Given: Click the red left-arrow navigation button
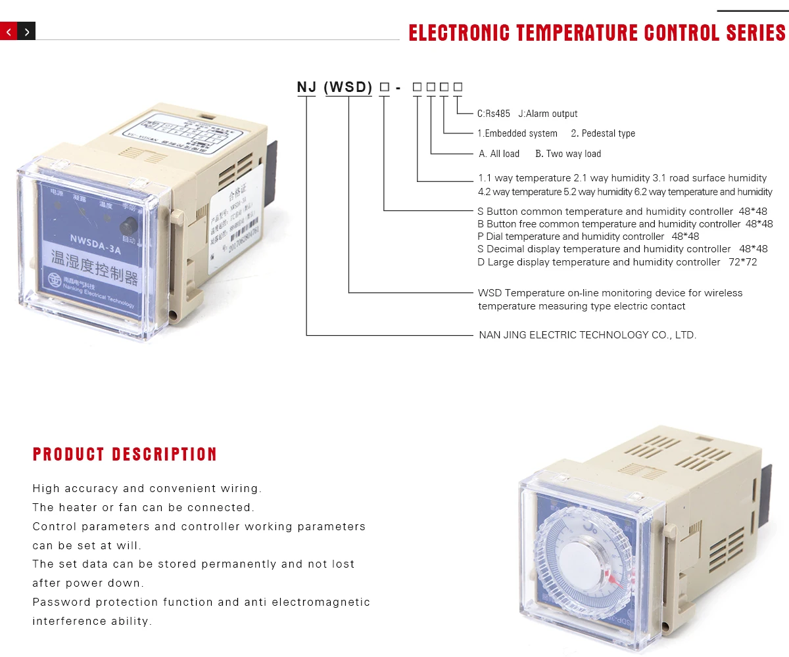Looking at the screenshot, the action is click(x=9, y=31).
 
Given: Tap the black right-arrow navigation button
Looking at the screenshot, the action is click(x=26, y=31).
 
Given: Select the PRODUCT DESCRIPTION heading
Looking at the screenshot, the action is click(x=125, y=454).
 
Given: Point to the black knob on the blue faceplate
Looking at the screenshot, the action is click(x=126, y=227).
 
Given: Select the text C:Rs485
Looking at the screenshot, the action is click(x=494, y=114).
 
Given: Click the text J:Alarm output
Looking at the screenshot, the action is click(x=548, y=114).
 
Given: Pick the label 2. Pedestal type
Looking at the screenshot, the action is click(x=603, y=133).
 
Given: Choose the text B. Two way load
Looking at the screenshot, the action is click(x=568, y=154).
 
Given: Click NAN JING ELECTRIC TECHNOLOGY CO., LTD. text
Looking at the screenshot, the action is click(x=587, y=335).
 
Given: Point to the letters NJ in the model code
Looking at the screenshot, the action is click(x=307, y=87).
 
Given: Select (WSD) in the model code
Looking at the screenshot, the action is click(x=348, y=87).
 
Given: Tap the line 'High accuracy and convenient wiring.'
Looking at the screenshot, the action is click(x=147, y=488).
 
